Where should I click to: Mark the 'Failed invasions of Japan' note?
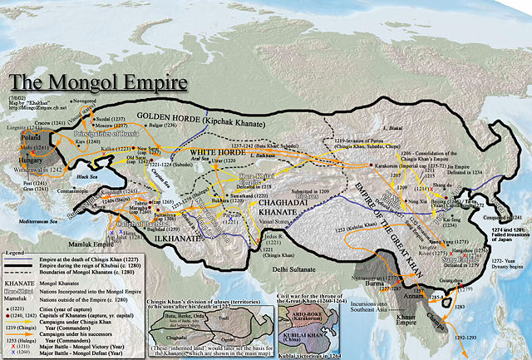[504, 222]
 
